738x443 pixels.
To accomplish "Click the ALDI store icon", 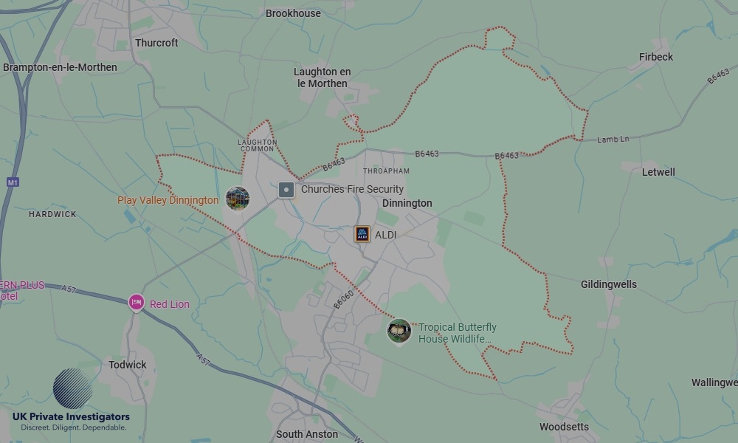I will click(x=362, y=234).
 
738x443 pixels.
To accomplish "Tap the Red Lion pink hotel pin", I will click(x=136, y=302).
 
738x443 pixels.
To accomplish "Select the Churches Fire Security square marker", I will click(x=286, y=190).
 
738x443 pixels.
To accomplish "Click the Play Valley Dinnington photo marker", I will click(x=237, y=199).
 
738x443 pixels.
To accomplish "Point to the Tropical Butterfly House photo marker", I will click(x=399, y=331).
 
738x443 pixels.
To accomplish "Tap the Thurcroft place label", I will click(x=156, y=43).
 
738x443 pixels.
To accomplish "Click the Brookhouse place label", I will click(x=293, y=13).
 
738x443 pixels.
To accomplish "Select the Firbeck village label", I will click(x=655, y=57).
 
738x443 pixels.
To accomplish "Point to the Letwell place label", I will click(x=658, y=172).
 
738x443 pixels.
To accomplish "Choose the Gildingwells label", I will click(x=608, y=284).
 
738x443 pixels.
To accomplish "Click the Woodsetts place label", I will click(x=565, y=427).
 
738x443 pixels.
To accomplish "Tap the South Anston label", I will click(x=307, y=434).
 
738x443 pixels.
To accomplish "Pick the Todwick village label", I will click(x=128, y=365).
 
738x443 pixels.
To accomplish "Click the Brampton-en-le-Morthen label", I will click(x=60, y=67).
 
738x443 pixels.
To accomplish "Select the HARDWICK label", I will click(x=52, y=214).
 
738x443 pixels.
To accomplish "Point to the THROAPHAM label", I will click(x=386, y=171).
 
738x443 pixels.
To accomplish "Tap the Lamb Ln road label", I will click(x=613, y=139).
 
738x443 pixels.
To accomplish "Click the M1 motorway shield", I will click(x=13, y=182).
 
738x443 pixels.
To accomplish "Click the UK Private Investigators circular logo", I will click(x=73, y=388).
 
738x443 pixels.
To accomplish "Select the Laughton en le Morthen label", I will click(x=322, y=78).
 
